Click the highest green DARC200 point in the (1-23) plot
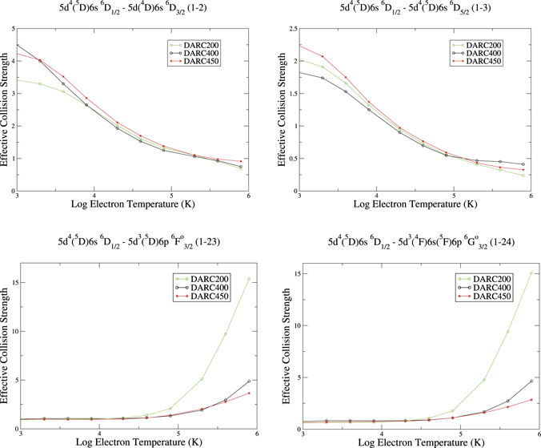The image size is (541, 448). pos(249,279)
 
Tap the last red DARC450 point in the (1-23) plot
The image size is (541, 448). pos(249,393)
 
